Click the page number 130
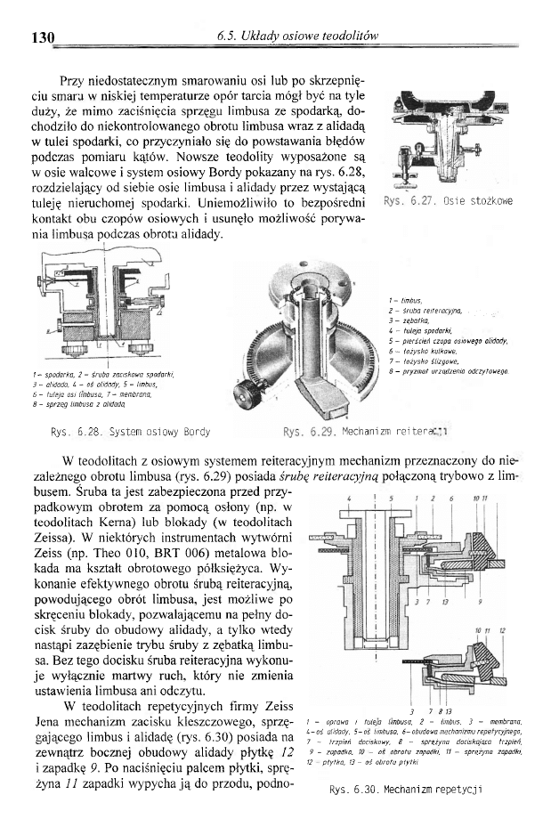coord(43,37)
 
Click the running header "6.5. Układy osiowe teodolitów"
coord(298,36)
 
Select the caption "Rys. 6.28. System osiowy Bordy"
coord(131,432)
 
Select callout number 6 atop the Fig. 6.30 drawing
coord(452,497)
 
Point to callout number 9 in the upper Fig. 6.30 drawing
coord(480,603)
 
